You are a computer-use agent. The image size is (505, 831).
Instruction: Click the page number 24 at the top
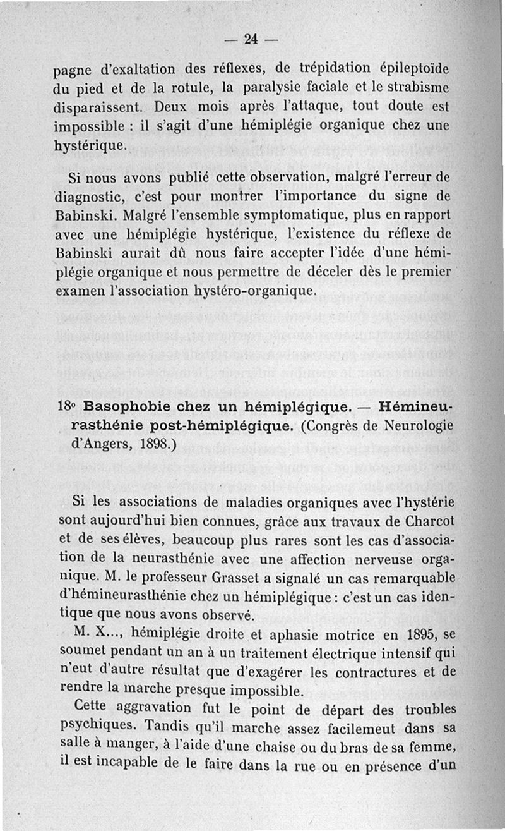coord(251,39)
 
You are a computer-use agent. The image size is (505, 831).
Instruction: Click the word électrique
coord(300,652)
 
